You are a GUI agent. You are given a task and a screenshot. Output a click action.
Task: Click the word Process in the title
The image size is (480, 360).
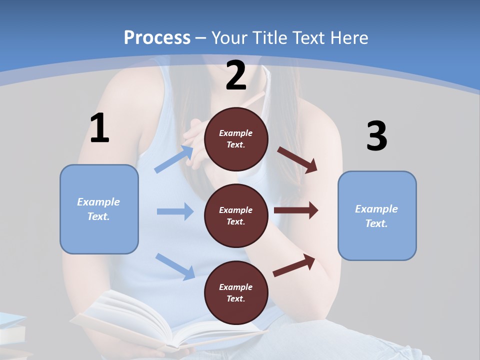[157, 37]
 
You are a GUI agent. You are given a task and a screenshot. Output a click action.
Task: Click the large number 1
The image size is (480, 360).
[99, 128]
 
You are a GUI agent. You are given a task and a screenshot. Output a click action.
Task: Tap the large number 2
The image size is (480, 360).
[236, 75]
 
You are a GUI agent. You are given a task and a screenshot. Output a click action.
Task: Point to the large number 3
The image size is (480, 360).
[376, 136]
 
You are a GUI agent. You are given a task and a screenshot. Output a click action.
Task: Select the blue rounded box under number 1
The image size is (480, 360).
[99, 209]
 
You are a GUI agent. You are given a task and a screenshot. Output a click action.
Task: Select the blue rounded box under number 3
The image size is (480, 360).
[377, 216]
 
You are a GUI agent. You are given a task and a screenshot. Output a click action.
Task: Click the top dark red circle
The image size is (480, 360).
[236, 139]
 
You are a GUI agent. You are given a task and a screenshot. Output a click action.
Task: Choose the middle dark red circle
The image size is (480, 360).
[236, 215]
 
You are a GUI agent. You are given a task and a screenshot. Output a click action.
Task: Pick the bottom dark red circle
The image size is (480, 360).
[236, 292]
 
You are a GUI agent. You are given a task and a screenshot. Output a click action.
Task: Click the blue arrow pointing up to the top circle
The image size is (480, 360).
[174, 159]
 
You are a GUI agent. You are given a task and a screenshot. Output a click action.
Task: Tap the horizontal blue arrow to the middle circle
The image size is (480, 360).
[175, 211]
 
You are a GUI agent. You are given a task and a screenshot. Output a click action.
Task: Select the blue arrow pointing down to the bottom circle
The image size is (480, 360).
[175, 266]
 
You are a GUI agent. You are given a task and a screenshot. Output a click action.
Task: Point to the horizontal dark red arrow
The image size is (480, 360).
[296, 210]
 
